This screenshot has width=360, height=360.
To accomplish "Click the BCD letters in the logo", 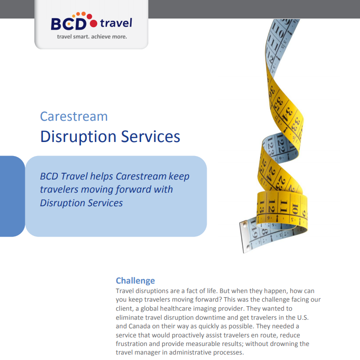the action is click(x=68, y=24).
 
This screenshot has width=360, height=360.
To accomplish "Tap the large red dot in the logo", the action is click(x=94, y=24).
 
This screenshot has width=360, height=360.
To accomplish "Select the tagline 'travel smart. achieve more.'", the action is click(x=92, y=37).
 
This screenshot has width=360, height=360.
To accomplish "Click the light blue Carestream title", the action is click(x=74, y=116).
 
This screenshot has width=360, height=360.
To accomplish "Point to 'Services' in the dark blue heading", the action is click(x=151, y=137).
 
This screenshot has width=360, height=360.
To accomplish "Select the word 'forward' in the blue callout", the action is click(x=133, y=189).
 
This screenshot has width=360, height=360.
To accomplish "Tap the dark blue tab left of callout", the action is click(x=12, y=196).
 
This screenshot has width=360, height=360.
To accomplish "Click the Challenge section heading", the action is click(x=135, y=280).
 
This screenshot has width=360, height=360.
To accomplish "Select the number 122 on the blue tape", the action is click(x=280, y=143).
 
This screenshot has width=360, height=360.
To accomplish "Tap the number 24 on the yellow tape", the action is click(x=273, y=173).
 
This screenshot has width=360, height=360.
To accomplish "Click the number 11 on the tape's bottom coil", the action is click(x=284, y=205).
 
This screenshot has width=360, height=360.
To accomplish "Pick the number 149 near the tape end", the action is click(x=253, y=229).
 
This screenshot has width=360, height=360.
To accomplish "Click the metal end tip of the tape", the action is click(x=244, y=237).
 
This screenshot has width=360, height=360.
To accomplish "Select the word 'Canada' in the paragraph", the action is click(x=139, y=326).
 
